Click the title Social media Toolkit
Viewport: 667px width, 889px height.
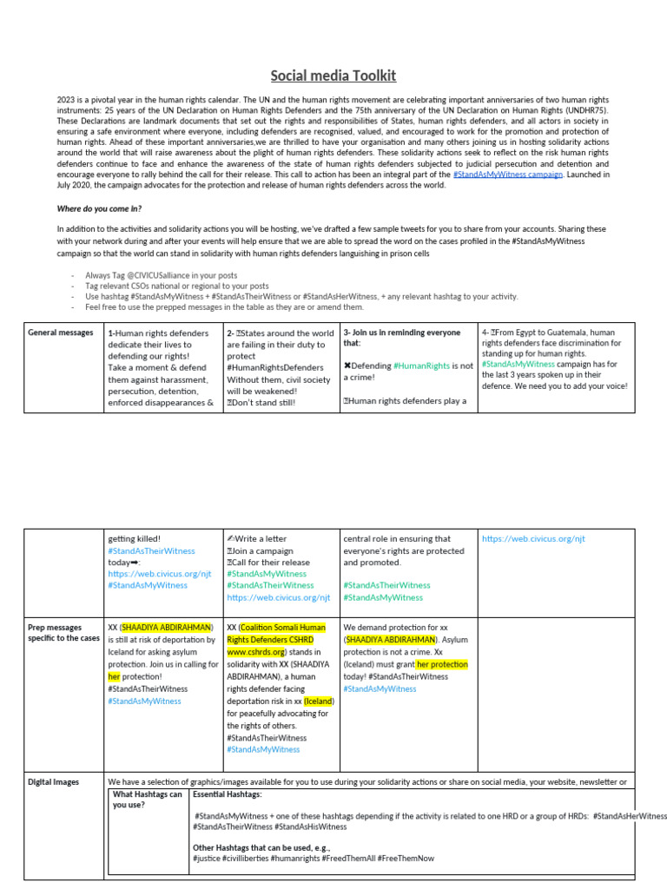[x=333, y=76]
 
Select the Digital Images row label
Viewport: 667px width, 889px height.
[x=53, y=781]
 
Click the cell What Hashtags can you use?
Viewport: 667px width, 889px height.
[x=147, y=799]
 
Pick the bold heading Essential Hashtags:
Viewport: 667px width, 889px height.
[x=227, y=794]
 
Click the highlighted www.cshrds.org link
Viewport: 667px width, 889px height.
[x=256, y=651]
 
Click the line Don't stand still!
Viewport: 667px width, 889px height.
[x=263, y=403]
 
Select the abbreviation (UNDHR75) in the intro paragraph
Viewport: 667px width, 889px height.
[x=583, y=110]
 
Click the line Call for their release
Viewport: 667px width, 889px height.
[x=270, y=562]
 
